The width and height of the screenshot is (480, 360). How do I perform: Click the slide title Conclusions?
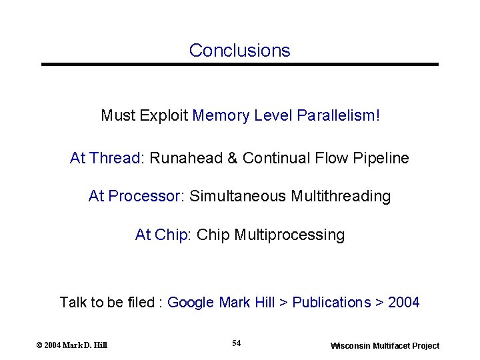pyautogui.click(x=240, y=51)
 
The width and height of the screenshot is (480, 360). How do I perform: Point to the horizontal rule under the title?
pyautogui.click(x=240, y=65)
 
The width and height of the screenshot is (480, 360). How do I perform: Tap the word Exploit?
pyautogui.click(x=163, y=116)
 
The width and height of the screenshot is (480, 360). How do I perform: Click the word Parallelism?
pyautogui.click(x=339, y=116)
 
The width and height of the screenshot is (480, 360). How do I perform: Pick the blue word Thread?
pyautogui.click(x=115, y=159)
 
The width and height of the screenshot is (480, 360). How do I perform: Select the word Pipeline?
pyautogui.click(x=382, y=159)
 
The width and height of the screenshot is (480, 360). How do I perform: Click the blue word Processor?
pyautogui.click(x=145, y=197)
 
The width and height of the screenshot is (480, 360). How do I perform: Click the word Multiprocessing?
pyautogui.click(x=289, y=235)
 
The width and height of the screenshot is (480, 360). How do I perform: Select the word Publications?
pyautogui.click(x=331, y=303)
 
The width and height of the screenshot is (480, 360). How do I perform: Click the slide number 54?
pyautogui.click(x=237, y=343)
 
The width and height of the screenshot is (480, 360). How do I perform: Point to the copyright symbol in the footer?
pyautogui.click(x=39, y=345)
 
